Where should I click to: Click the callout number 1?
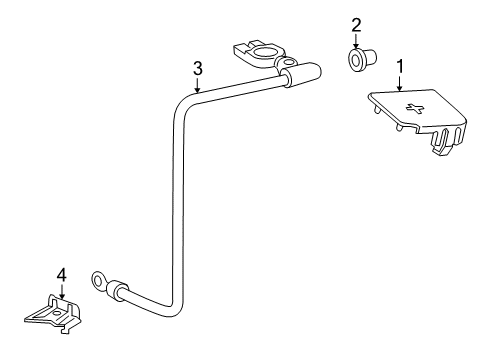click(x=401, y=67)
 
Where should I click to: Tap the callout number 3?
click(x=198, y=68)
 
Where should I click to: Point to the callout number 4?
click(x=61, y=272)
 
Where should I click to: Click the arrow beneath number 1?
click(x=401, y=85)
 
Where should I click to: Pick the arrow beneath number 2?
click(x=355, y=41)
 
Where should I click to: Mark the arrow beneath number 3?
click(x=198, y=84)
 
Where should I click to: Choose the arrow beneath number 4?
click(x=61, y=290)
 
